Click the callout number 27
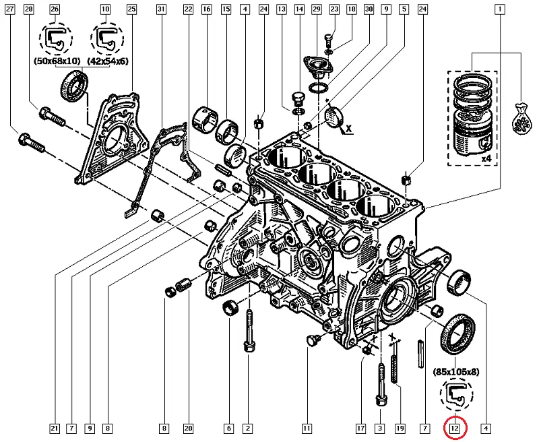pyautogui.click(x=10, y=9)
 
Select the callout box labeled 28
pyautogui.click(x=28, y=9)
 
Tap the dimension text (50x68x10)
pyautogui.click(x=57, y=61)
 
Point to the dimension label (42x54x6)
pyautogui.click(x=108, y=61)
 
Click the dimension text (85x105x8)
pyautogui.click(x=456, y=371)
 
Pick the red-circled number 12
pyautogui.click(x=455, y=429)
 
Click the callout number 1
pyautogui.click(x=500, y=9)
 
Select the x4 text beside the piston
pyautogui.click(x=486, y=159)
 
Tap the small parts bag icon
pyautogui.click(x=521, y=119)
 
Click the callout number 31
pyautogui.click(x=161, y=9)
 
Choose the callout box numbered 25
pyautogui.click(x=131, y=9)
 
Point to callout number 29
pyautogui.click(x=316, y=9)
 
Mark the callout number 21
pyautogui.click(x=55, y=429)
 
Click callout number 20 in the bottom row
pyautogui.click(x=188, y=429)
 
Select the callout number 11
pyautogui.click(x=307, y=429)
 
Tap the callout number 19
pyautogui.click(x=400, y=429)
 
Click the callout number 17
pyautogui.click(x=360, y=429)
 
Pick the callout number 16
pyautogui.click(x=207, y=9)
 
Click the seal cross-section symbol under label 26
pyautogui.click(x=55, y=39)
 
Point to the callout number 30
pyautogui.click(x=369, y=9)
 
